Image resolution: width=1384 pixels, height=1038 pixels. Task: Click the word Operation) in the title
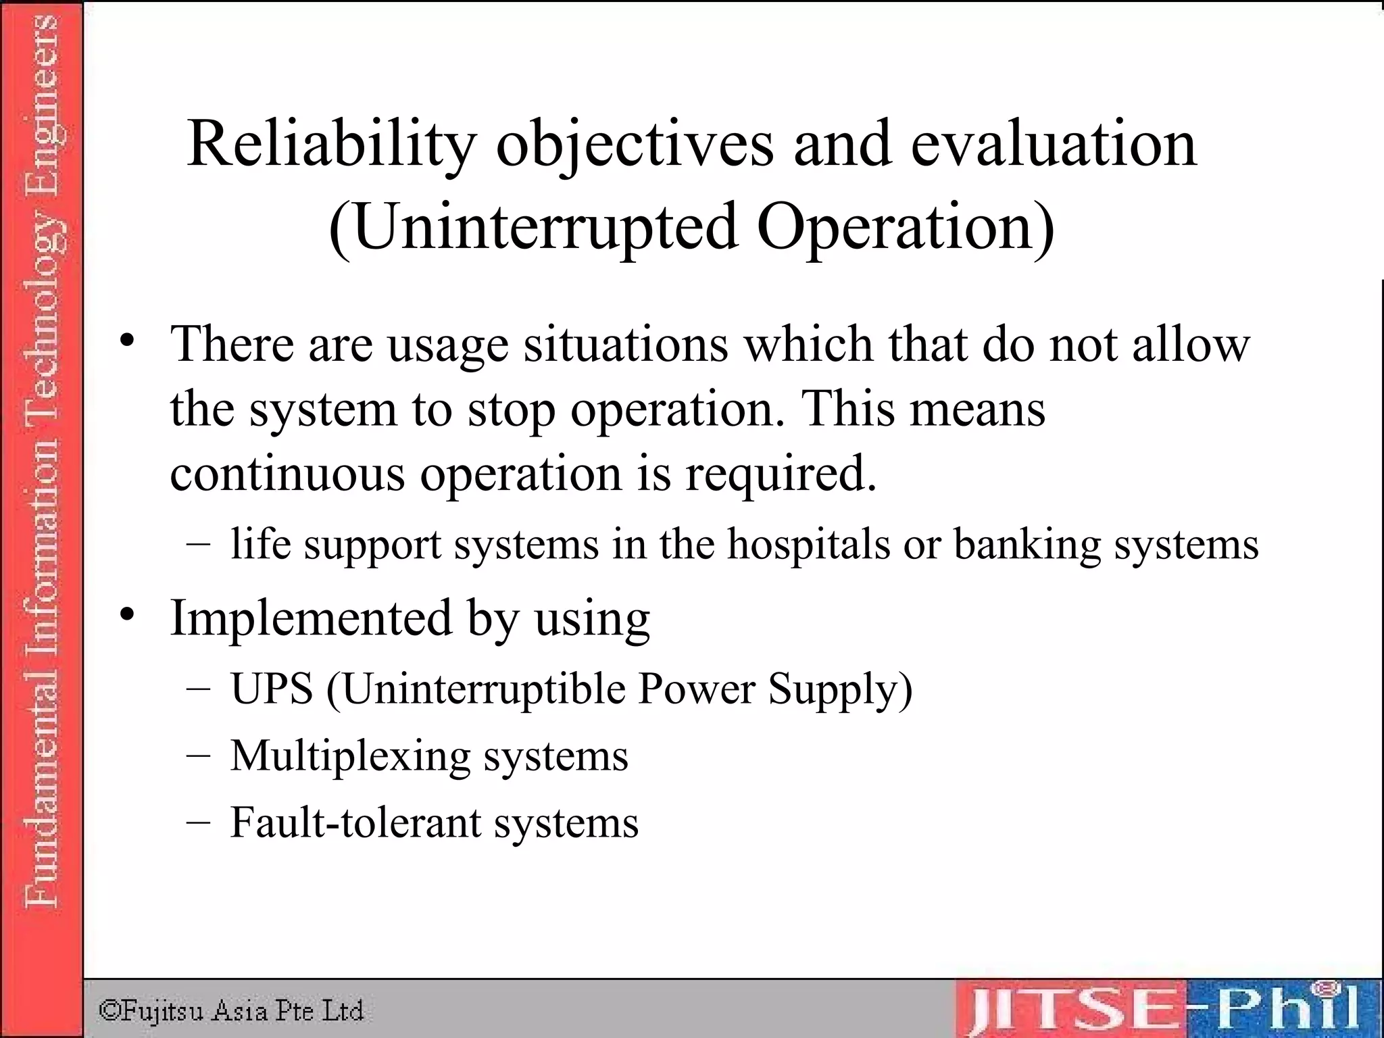click(x=906, y=227)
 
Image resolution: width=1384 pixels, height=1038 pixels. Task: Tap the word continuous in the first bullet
click(x=287, y=472)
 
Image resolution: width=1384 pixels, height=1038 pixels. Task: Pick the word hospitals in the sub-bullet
click(x=808, y=544)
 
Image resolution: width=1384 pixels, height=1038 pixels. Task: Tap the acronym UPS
click(x=272, y=689)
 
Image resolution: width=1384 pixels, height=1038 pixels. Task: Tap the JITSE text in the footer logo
click(x=1074, y=1011)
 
